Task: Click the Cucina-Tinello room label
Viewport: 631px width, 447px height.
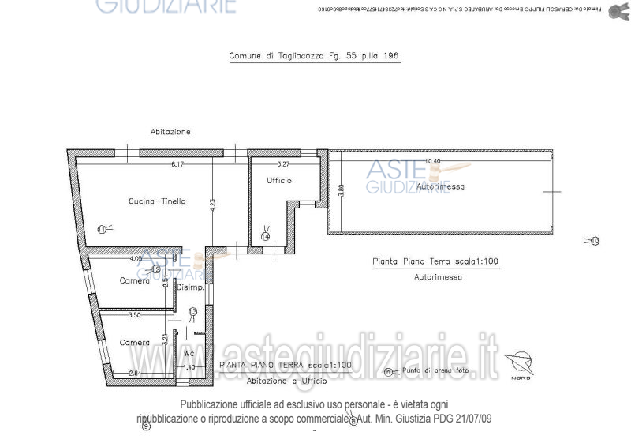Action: click(157, 201)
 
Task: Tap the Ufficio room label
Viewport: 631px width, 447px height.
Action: click(279, 181)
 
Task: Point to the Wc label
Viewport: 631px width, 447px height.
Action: click(189, 353)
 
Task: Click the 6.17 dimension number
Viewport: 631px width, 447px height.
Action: click(177, 164)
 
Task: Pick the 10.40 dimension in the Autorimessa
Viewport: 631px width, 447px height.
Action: click(432, 161)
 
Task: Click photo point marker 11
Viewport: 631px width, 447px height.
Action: click(102, 229)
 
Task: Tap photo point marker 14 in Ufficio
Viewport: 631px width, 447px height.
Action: click(265, 236)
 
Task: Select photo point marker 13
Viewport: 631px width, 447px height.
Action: click(192, 312)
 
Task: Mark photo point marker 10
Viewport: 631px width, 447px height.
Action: click(595, 241)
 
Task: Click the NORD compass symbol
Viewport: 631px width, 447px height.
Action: click(520, 365)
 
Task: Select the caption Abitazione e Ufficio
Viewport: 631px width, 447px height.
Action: click(286, 381)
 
